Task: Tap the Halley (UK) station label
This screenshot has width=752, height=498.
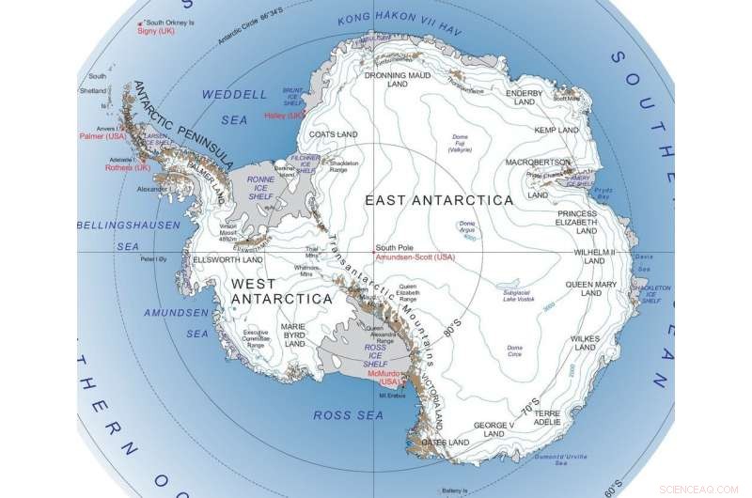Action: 287,116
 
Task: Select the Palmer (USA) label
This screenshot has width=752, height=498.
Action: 102,137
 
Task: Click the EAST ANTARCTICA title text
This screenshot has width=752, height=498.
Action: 439,200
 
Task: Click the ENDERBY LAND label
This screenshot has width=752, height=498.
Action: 525,99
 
